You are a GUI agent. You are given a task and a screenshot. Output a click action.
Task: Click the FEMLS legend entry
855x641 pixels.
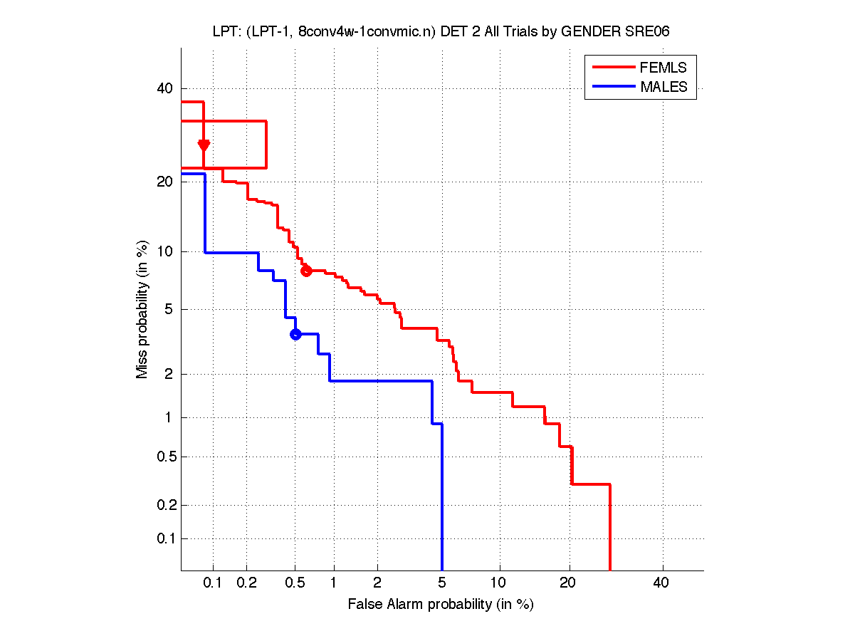pos(663,68)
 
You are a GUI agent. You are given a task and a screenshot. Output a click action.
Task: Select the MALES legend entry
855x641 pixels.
pos(663,87)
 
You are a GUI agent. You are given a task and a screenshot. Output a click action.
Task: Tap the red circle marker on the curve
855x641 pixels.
pos(306,271)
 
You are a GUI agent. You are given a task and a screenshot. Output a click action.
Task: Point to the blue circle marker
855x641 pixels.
pos(295,334)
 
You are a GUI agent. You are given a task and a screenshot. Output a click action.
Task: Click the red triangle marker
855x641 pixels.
pos(204,145)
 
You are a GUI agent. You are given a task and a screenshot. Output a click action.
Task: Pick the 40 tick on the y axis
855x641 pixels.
pos(164,89)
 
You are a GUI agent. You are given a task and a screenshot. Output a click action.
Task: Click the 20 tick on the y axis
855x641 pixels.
pos(164,182)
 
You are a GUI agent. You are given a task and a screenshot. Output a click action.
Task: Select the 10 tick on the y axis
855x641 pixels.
pos(164,251)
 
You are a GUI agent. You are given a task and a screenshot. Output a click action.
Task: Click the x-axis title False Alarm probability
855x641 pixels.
pos(440,605)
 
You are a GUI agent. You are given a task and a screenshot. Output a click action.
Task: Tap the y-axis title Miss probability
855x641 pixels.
pos(143,308)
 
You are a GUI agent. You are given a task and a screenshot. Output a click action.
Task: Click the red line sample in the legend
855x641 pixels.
pos(612,68)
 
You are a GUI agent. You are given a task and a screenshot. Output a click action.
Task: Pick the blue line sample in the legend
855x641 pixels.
pos(612,87)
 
